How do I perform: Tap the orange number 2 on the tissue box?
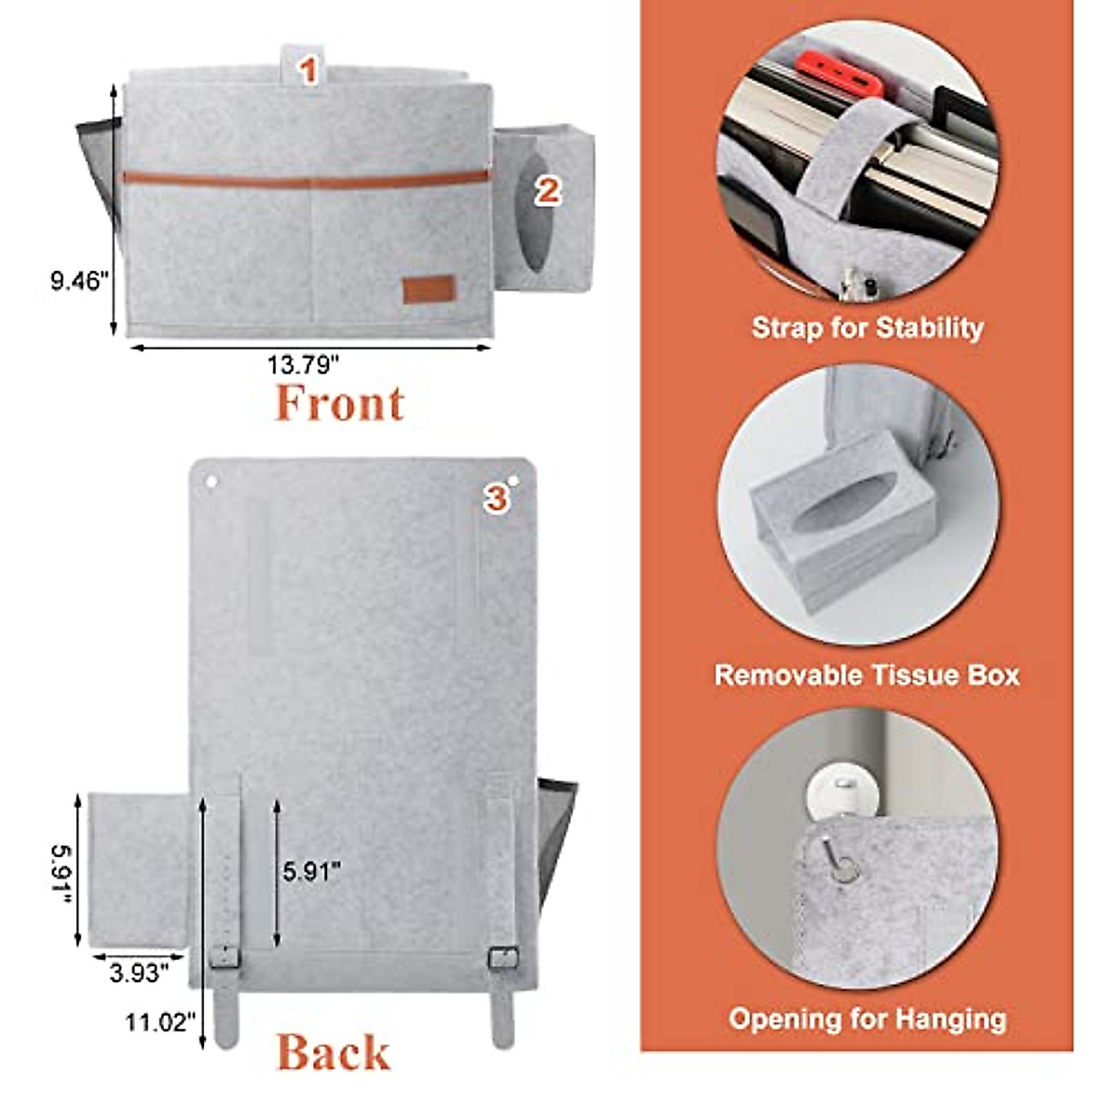click(x=547, y=191)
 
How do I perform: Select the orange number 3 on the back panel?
click(x=496, y=498)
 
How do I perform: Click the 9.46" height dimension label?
click(x=80, y=281)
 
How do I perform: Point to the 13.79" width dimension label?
click(x=304, y=365)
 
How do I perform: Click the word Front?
click(x=339, y=403)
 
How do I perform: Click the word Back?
click(x=333, y=1053)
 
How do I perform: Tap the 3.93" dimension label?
click(x=139, y=974)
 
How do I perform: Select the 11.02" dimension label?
click(x=162, y=1023)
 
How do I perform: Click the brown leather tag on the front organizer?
click(x=429, y=290)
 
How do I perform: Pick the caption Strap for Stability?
click(x=866, y=328)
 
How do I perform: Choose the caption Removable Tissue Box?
click(x=866, y=675)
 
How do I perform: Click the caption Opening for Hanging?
click(x=866, y=1018)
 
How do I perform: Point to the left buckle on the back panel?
click(x=224, y=955)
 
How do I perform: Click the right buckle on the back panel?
click(x=503, y=956)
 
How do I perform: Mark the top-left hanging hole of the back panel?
click(x=210, y=484)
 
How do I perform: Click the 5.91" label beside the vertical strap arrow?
click(x=311, y=871)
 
